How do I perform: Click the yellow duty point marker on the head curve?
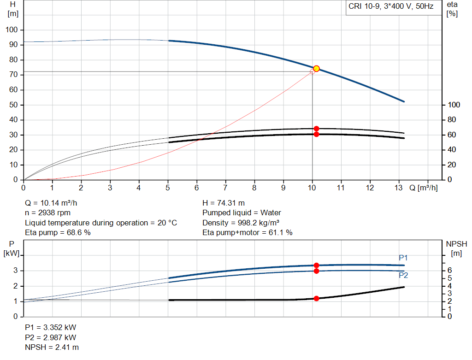click(x=316, y=69)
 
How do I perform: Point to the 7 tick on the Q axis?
click(x=225, y=188)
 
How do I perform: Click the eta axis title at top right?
click(x=452, y=9)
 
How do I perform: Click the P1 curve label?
click(x=403, y=258)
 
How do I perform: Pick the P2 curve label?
click(x=403, y=276)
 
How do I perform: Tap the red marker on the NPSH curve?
click(x=316, y=299)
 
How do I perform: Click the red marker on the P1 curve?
click(x=316, y=266)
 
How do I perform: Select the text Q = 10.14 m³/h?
click(x=54, y=203)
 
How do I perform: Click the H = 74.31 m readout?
click(x=224, y=203)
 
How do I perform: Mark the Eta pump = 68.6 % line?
click(x=58, y=233)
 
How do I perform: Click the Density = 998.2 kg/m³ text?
click(x=241, y=223)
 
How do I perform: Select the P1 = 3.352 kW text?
click(x=51, y=327)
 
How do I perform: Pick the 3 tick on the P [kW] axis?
click(x=16, y=271)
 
